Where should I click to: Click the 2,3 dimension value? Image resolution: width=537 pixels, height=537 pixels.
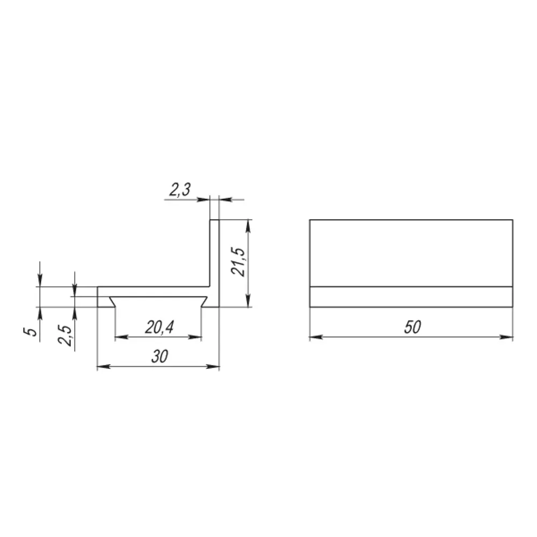(180, 189)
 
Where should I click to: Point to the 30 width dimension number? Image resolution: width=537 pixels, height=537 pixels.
(158, 357)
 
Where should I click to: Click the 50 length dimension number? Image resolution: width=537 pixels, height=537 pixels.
(412, 327)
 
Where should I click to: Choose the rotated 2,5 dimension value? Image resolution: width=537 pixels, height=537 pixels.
(67, 335)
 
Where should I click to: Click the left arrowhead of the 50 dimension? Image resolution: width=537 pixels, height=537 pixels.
(315, 337)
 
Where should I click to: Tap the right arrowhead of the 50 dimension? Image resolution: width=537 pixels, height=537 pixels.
(508, 337)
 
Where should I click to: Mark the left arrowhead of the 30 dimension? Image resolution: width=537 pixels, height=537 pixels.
(101, 367)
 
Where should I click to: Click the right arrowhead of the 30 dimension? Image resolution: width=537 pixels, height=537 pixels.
(215, 367)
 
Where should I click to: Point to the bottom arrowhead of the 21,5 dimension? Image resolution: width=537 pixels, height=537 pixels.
(248, 302)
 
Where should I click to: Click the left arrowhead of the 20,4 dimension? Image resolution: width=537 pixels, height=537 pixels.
(120, 337)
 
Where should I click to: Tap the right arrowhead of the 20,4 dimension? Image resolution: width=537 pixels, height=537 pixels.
(197, 337)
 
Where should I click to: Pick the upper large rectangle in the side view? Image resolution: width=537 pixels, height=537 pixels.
(411, 253)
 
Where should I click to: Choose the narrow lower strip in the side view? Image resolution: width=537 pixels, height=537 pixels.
(411, 297)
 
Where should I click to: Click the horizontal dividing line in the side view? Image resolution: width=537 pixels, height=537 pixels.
(411, 287)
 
